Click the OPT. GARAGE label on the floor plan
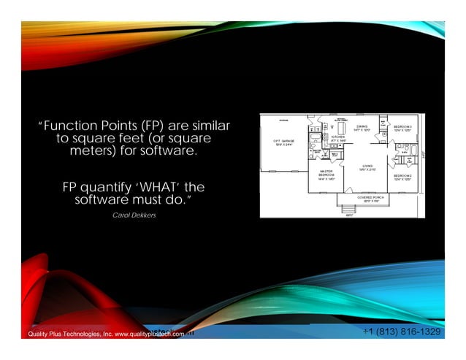(283, 142)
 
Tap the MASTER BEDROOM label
(326, 175)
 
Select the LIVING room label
(367, 168)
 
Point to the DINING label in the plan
(362, 129)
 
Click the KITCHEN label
(337, 139)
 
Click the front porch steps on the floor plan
(348, 212)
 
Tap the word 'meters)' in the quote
(95, 151)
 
